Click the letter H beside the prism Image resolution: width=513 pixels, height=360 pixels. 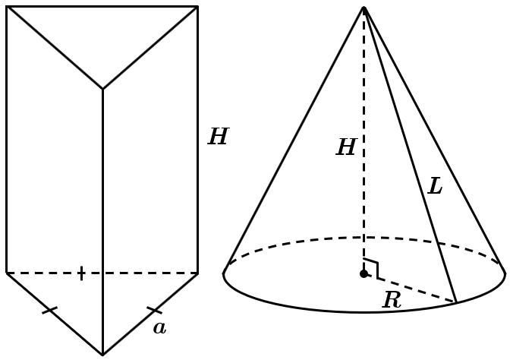coord(219,136)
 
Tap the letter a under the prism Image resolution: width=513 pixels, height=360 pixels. coord(159,328)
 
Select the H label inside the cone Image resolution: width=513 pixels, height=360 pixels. coord(347,147)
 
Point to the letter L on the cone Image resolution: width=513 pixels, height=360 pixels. coord(435,186)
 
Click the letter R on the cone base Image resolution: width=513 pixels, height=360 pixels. coord(392,300)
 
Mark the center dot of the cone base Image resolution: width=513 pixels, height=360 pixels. coord(364,274)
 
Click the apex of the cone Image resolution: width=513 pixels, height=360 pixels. coord(364,7)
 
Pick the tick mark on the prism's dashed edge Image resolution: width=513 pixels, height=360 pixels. coord(81,273)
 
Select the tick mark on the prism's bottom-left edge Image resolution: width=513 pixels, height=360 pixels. coord(50,310)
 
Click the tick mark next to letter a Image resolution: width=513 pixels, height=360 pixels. coord(154,310)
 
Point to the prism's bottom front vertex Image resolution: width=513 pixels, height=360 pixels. coord(102,355)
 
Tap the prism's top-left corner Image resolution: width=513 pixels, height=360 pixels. coord(7,7)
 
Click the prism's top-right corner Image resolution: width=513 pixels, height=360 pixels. coord(197,7)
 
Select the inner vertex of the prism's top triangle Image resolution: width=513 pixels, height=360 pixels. coord(102,89)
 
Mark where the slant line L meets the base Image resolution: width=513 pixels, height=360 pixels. coord(456,302)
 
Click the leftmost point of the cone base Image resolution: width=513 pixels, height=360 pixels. coord(223,273)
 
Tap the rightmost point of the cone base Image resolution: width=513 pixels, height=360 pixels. coord(505,273)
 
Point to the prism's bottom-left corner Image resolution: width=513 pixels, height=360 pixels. coord(7,273)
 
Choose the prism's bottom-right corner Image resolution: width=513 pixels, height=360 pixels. coord(197,273)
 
